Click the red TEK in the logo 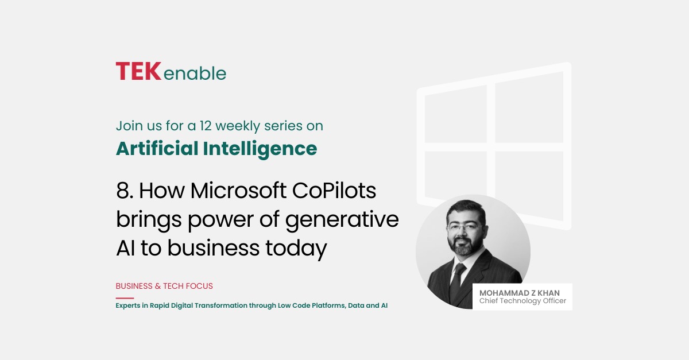(138, 71)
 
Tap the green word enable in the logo (195, 73)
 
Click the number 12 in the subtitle (205, 126)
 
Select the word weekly (238, 126)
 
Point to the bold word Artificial (157, 148)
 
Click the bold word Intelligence (260, 149)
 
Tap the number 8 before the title (123, 191)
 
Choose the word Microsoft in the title (239, 190)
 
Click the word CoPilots (334, 190)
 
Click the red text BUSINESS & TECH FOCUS (164, 286)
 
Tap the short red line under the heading (125, 298)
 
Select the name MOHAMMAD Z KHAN (520, 293)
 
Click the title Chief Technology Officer (522, 301)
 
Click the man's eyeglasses (466, 228)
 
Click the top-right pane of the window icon (529, 108)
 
